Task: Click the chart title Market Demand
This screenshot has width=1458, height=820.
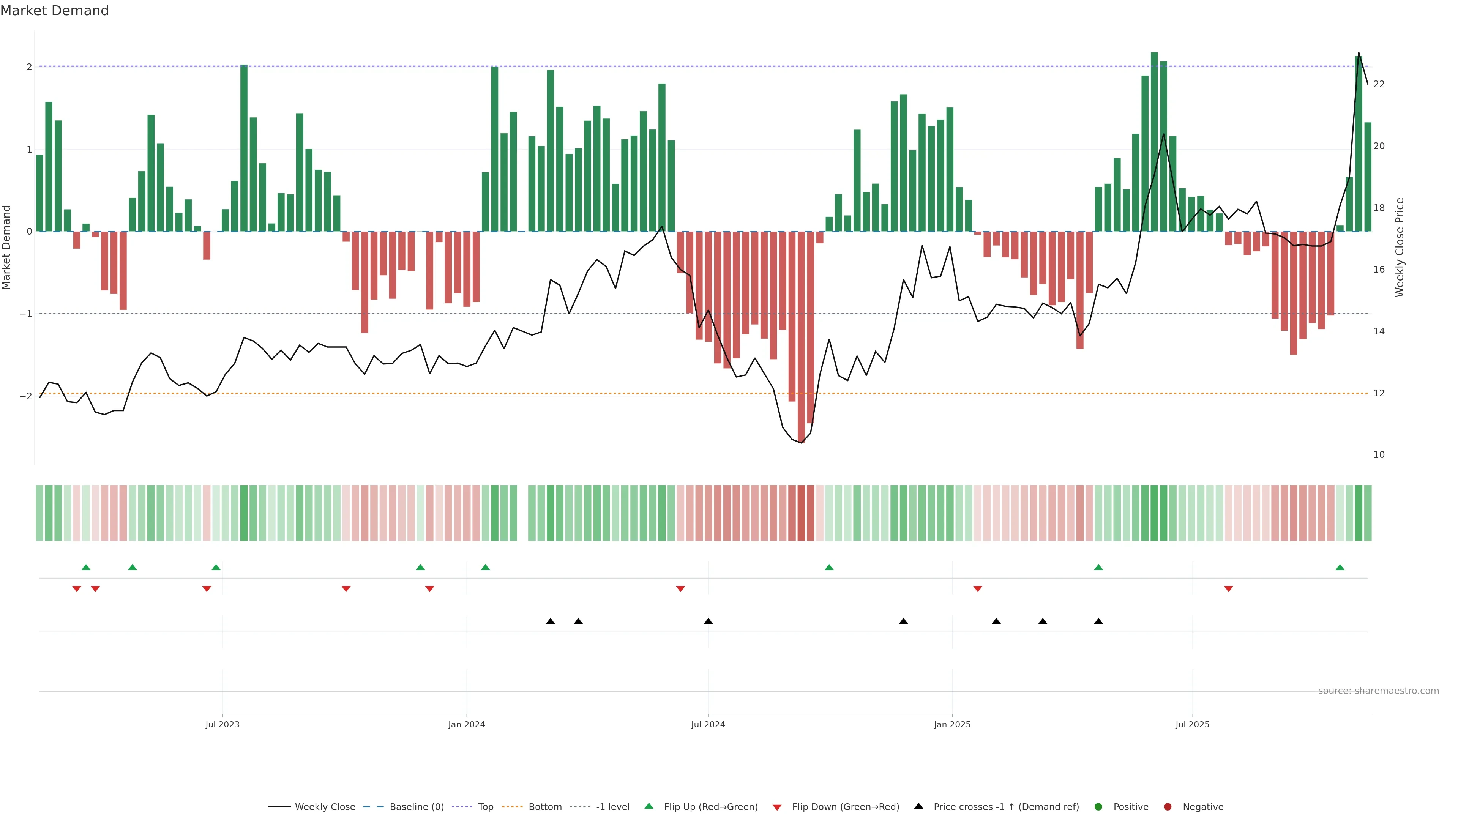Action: coord(54,11)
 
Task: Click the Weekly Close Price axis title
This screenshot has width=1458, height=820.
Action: coord(1400,247)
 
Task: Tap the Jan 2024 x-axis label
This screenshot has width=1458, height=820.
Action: coord(466,724)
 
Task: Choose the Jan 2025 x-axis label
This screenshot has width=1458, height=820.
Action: coord(952,724)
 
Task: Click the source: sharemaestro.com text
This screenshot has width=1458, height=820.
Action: coord(1378,691)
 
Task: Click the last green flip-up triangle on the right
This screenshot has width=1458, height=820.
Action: coord(1340,567)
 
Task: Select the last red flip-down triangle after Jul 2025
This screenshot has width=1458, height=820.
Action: coord(1228,589)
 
